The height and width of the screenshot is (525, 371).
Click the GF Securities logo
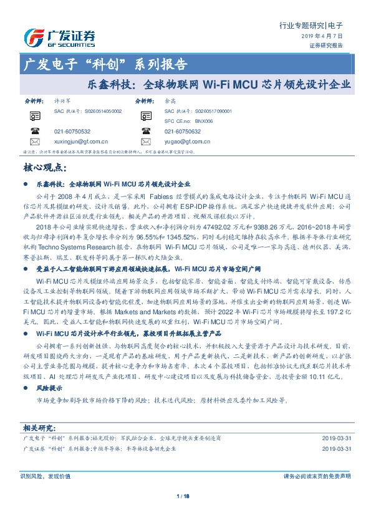[x=59, y=37]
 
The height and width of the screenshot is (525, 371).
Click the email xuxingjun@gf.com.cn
[x=81, y=142]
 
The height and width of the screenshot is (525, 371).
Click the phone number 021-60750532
[x=72, y=132]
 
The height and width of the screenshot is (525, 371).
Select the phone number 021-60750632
[x=183, y=132]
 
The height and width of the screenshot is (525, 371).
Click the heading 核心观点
[x=44, y=168]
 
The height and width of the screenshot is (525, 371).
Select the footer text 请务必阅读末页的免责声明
[x=317, y=476]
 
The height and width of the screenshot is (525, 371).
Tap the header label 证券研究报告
[x=326, y=46]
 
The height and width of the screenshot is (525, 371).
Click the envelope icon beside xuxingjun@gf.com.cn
[x=34, y=142]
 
